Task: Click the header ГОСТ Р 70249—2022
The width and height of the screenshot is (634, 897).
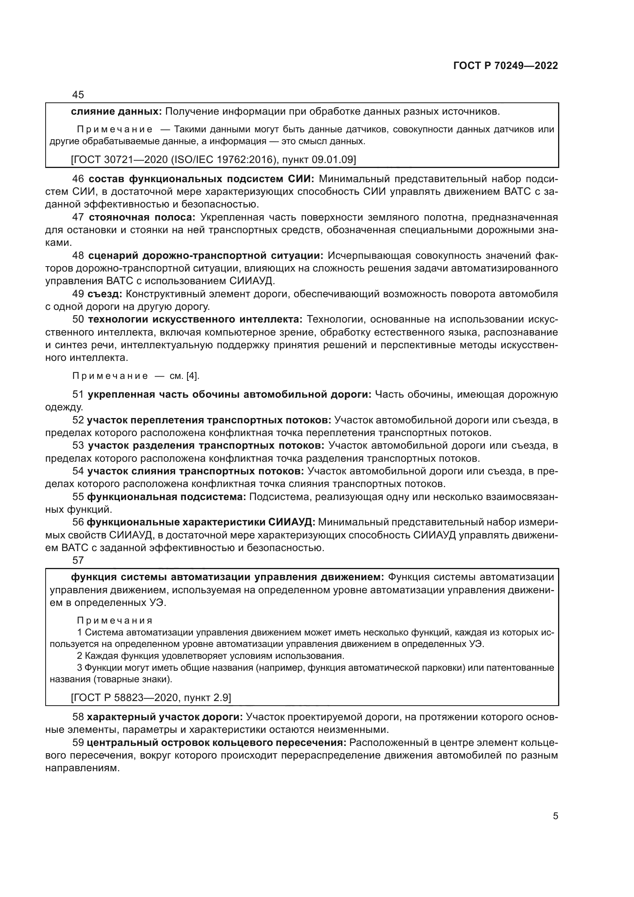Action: tap(505, 66)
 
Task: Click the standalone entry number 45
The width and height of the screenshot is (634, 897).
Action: tap(78, 95)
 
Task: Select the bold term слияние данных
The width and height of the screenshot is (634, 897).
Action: tap(116, 112)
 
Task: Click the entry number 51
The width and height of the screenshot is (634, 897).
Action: tap(78, 395)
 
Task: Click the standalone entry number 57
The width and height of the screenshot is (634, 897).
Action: tap(78, 560)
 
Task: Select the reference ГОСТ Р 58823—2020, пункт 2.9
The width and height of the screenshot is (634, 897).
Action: tap(151, 697)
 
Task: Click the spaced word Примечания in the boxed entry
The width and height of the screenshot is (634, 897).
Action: tap(114, 620)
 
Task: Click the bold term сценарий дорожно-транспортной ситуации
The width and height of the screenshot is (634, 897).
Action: tap(206, 255)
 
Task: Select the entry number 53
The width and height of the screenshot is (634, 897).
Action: tap(78, 446)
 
